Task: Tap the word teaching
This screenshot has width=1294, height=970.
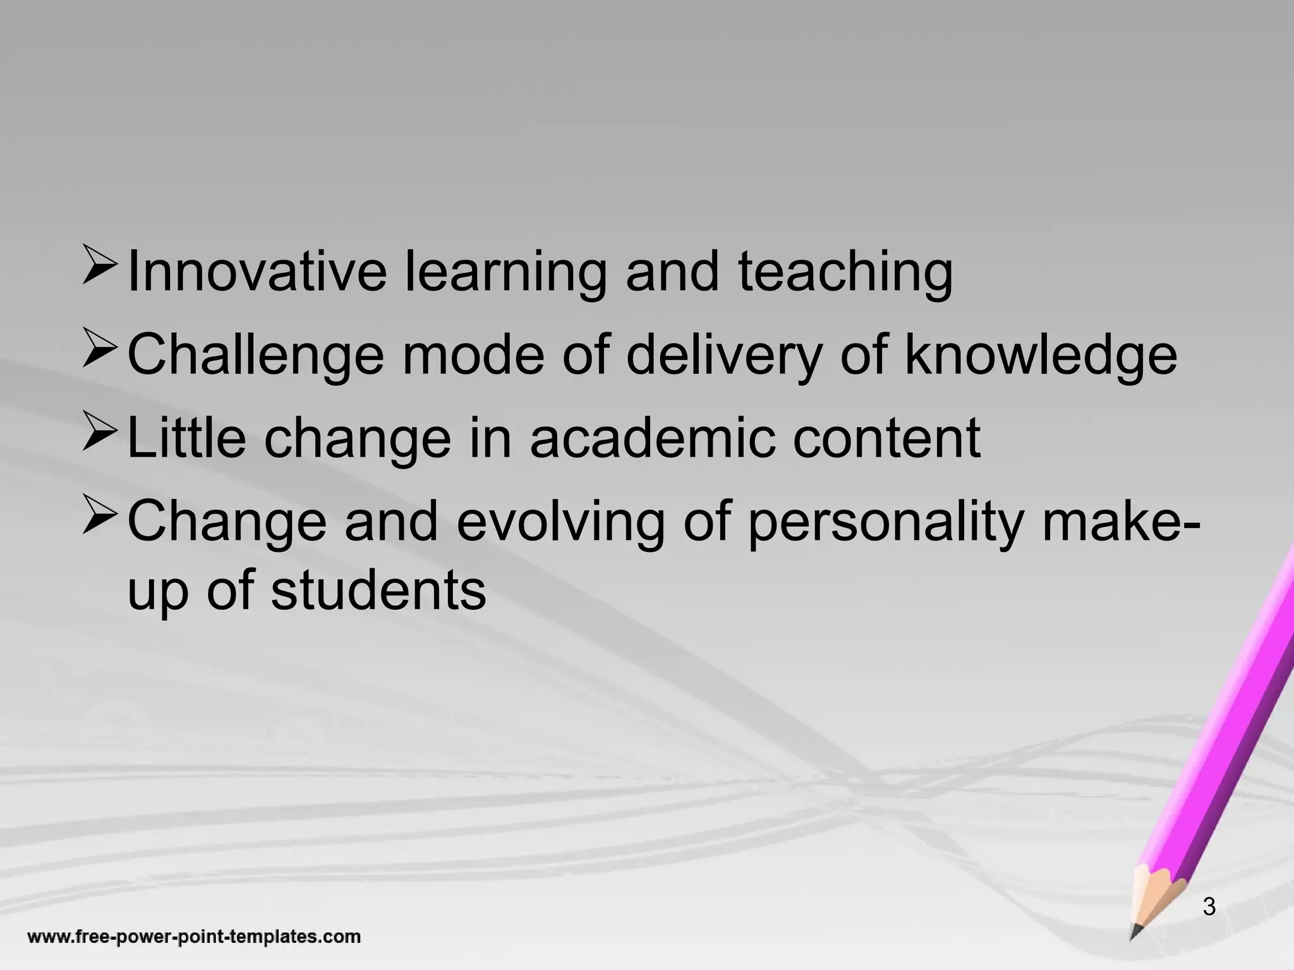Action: [845, 273]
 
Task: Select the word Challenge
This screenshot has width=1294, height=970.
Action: [255, 355]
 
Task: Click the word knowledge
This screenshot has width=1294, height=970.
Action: [1041, 355]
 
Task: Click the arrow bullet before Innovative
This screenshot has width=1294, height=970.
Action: [99, 267]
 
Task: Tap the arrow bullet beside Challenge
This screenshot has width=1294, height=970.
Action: [99, 350]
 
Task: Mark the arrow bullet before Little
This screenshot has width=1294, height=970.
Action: [99, 433]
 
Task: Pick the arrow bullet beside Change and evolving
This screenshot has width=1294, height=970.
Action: [99, 517]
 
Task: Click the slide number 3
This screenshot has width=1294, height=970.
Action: [1209, 906]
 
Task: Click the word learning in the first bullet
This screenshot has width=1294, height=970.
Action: [504, 273]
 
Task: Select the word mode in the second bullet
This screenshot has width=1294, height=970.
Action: [473, 355]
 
